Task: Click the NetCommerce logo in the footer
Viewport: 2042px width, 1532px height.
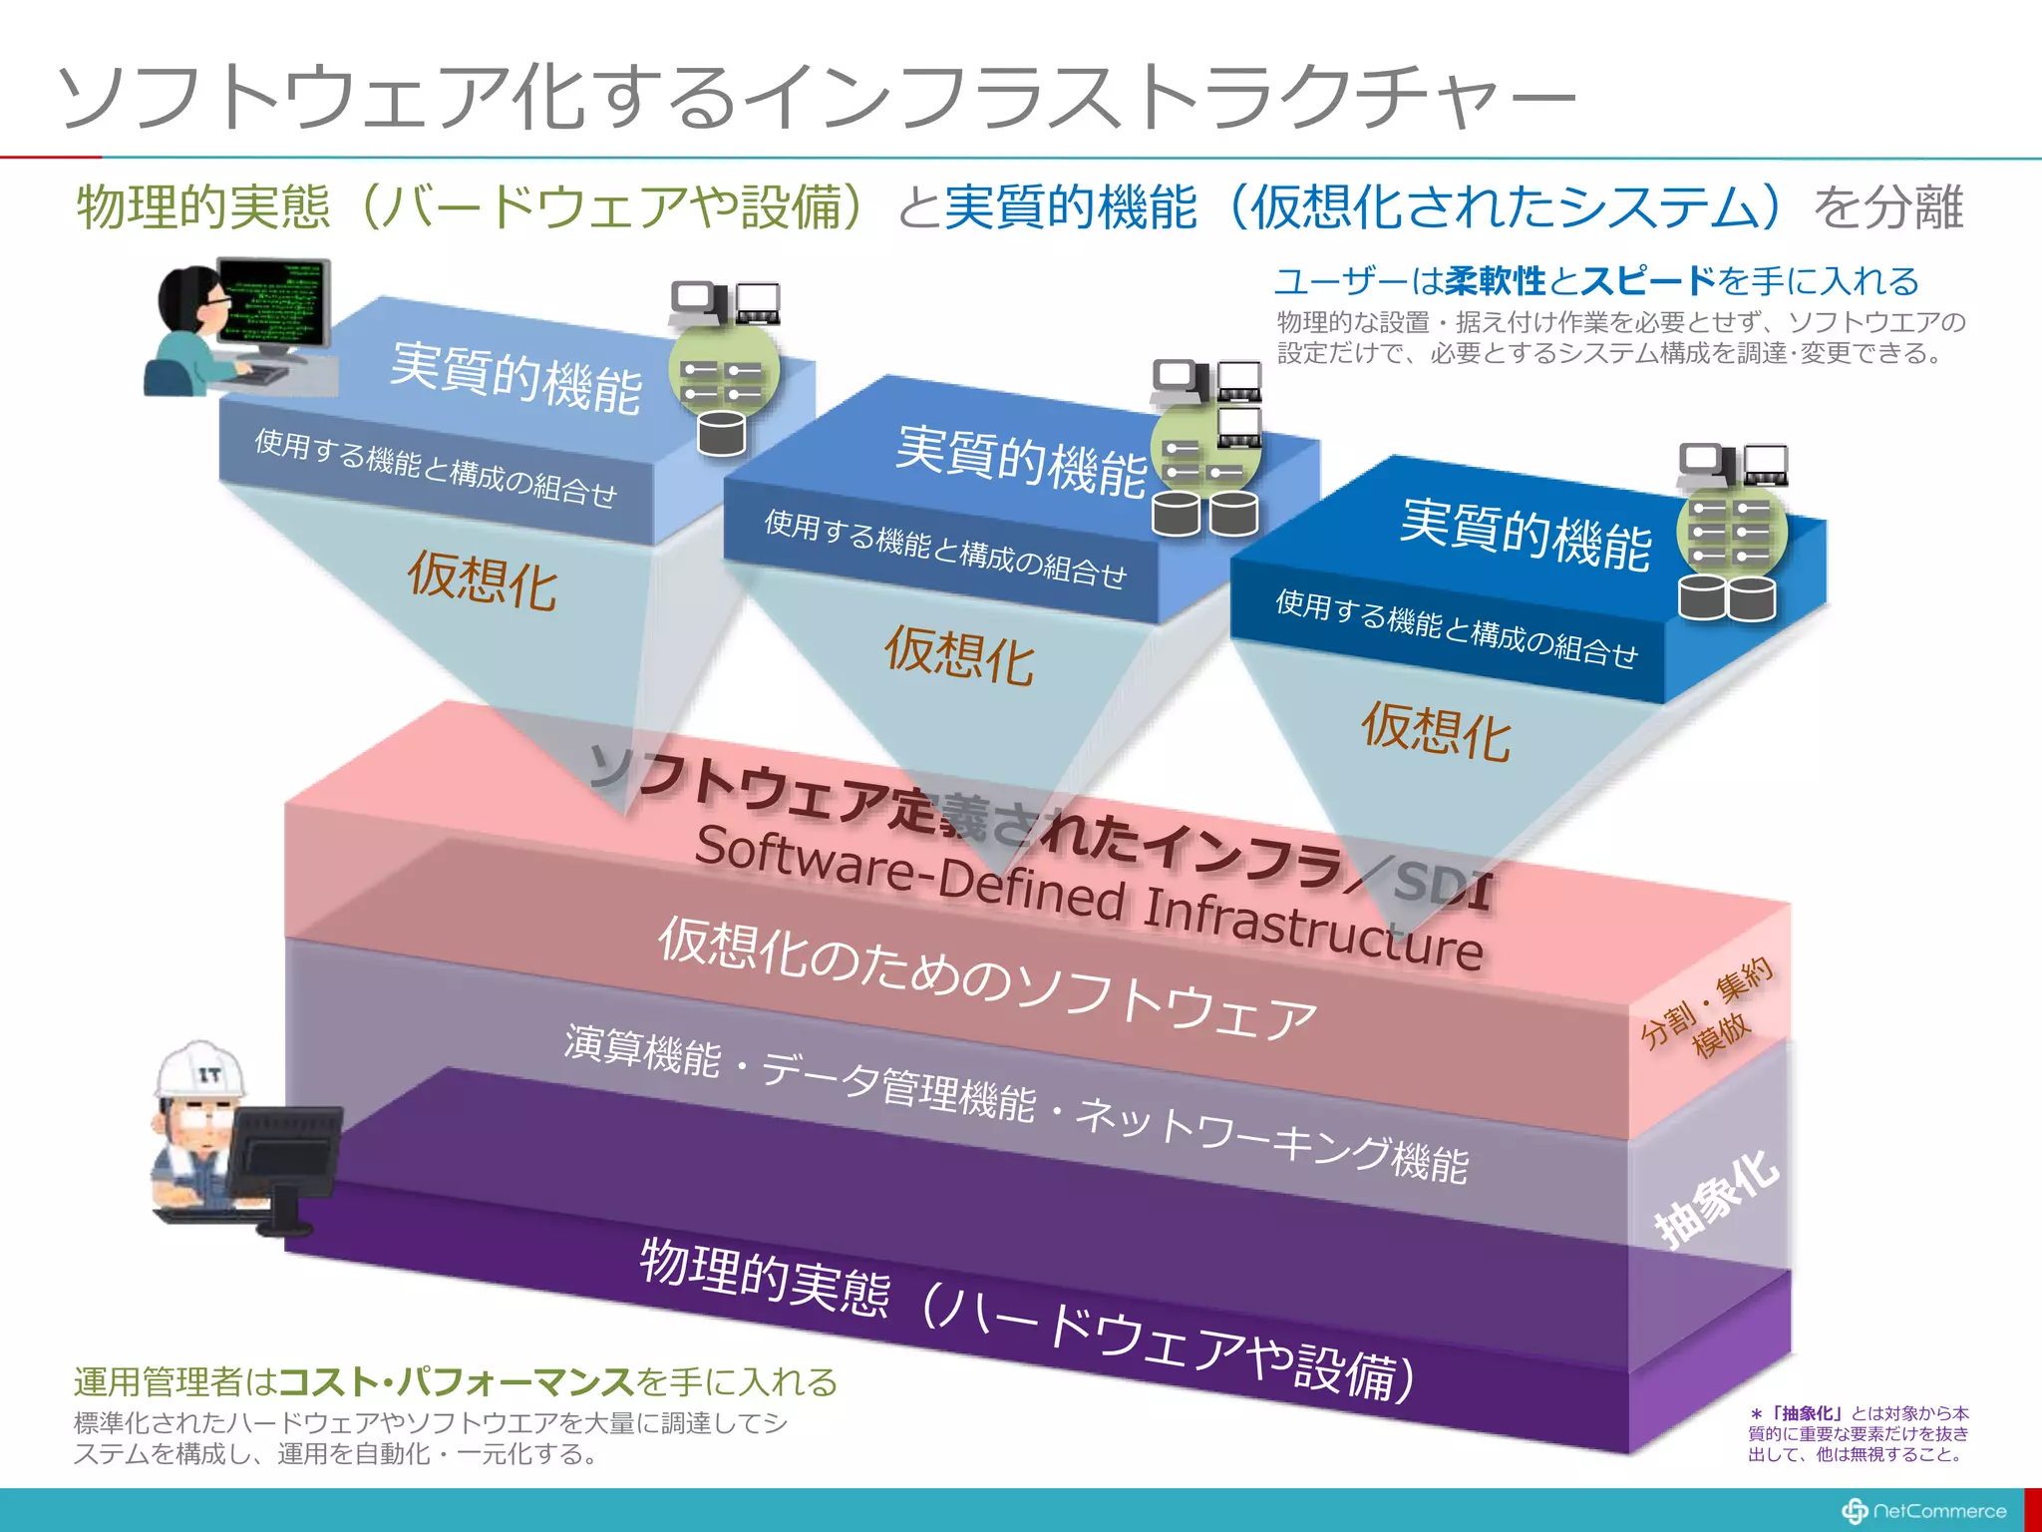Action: coord(1924,1511)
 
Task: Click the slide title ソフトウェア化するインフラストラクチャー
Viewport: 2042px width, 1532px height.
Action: coord(818,97)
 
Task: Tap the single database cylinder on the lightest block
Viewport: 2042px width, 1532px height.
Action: coord(722,433)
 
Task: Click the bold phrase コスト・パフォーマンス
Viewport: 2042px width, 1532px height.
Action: coord(456,1381)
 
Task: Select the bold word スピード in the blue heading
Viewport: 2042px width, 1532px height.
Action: coord(1648,281)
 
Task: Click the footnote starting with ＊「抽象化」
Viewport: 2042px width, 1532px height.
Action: coord(1859,1433)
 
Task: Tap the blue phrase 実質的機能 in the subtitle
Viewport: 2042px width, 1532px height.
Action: coord(1070,207)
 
